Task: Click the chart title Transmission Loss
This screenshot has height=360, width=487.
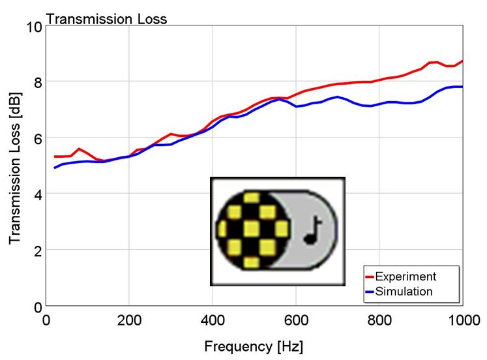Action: [x=107, y=19]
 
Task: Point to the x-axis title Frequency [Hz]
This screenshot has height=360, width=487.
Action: [x=254, y=346]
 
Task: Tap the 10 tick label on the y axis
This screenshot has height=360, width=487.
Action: [x=33, y=27]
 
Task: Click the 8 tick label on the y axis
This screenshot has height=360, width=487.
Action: [x=38, y=82]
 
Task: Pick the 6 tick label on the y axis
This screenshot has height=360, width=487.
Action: [x=38, y=138]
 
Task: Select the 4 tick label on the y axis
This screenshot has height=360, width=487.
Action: [x=38, y=194]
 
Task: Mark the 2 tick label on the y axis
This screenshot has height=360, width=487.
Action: [x=38, y=250]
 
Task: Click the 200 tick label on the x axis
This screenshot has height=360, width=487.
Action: [x=129, y=321]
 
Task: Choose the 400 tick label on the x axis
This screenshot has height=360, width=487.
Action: [x=213, y=321]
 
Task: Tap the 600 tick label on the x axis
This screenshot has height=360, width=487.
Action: [x=296, y=321]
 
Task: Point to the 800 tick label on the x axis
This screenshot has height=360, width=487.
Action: [x=379, y=321]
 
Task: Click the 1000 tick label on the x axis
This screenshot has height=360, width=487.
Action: [x=460, y=321]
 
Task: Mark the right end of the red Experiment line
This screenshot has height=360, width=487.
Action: [x=462, y=61]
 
